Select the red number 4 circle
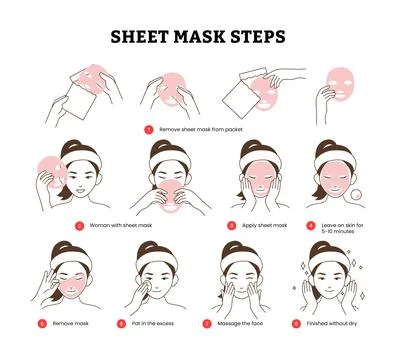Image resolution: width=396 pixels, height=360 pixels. pos(311,226)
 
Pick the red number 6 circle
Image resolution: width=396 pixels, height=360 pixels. pos(121,323)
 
